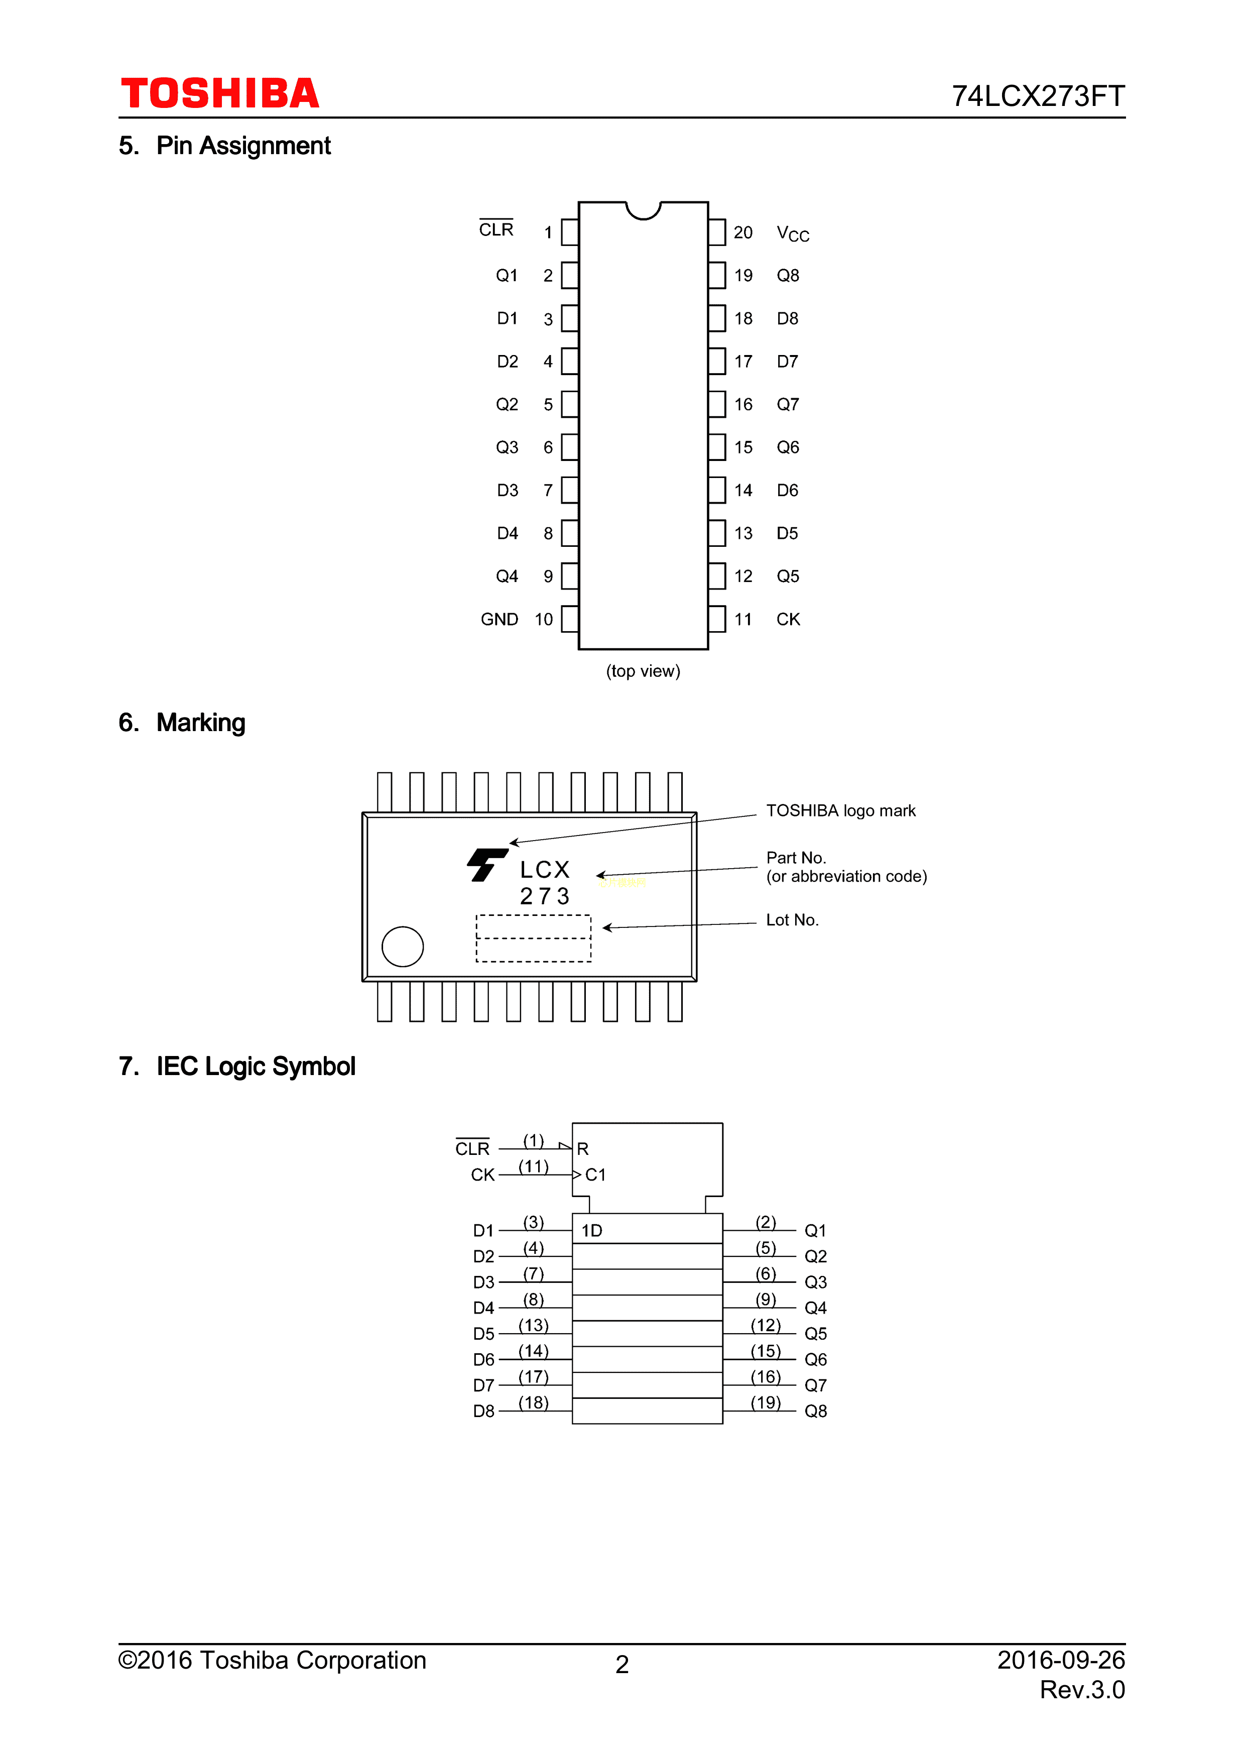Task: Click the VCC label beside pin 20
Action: pyautogui.click(x=792, y=233)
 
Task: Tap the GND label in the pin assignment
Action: pyautogui.click(x=500, y=619)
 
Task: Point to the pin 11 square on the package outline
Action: pyautogui.click(x=716, y=619)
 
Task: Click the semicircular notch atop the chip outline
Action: pyautogui.click(x=643, y=209)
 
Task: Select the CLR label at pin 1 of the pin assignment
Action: pyautogui.click(x=495, y=229)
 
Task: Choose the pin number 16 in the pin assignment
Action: pyautogui.click(x=742, y=404)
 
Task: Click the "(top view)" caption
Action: pyautogui.click(x=643, y=671)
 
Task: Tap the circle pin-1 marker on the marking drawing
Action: pyautogui.click(x=402, y=946)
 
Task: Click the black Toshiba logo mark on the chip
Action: pyautogui.click(x=486, y=865)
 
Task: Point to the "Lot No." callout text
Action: pyautogui.click(x=792, y=920)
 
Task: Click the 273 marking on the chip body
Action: pyautogui.click(x=545, y=896)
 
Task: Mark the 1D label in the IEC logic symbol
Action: pyautogui.click(x=591, y=1231)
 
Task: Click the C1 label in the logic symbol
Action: pyautogui.click(x=595, y=1175)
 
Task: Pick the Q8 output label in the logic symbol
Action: pyautogui.click(x=815, y=1412)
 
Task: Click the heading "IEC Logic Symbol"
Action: pyautogui.click(x=256, y=1067)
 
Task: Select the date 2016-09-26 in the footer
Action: pyautogui.click(x=1060, y=1660)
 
